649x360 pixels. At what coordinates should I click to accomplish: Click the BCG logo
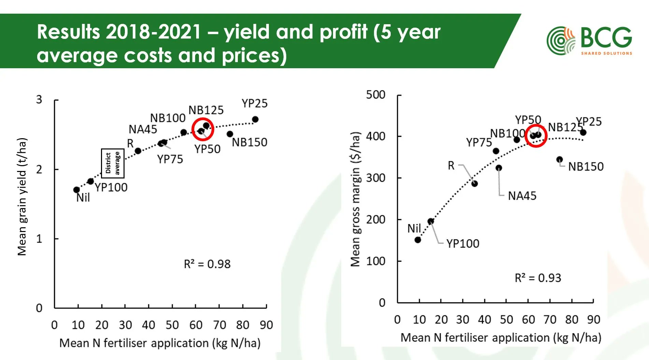pyautogui.click(x=589, y=41)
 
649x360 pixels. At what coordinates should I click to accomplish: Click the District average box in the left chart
pyautogui.click(x=113, y=163)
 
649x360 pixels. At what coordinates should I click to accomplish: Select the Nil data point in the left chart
pyautogui.click(x=76, y=190)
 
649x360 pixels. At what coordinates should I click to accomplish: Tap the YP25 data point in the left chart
pyautogui.click(x=255, y=119)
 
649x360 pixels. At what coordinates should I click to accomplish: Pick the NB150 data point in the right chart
pyautogui.click(x=559, y=159)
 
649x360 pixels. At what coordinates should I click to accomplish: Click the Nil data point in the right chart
pyautogui.click(x=418, y=240)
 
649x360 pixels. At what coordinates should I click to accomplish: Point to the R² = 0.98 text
pyautogui.click(x=207, y=264)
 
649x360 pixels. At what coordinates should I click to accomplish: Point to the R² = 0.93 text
pyautogui.click(x=538, y=278)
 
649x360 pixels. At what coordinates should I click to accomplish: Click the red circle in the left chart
pyautogui.click(x=203, y=129)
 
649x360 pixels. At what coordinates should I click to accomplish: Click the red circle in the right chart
pyautogui.click(x=536, y=135)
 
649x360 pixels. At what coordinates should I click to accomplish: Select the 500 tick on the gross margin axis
pyautogui.click(x=375, y=95)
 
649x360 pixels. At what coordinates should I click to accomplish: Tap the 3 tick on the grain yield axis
pyautogui.click(x=39, y=100)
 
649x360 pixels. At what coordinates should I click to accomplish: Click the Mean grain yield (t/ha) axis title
pyautogui.click(x=22, y=197)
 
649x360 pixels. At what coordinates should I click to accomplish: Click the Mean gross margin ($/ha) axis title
pyautogui.click(x=355, y=199)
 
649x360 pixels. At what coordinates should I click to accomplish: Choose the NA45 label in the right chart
pyautogui.click(x=522, y=196)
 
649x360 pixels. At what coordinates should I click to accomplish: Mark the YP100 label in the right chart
pyautogui.click(x=463, y=243)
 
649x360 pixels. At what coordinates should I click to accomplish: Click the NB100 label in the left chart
pyautogui.click(x=168, y=118)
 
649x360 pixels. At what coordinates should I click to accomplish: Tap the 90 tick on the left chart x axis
pyautogui.click(x=266, y=325)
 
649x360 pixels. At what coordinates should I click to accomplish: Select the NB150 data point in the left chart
pyautogui.click(x=230, y=134)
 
